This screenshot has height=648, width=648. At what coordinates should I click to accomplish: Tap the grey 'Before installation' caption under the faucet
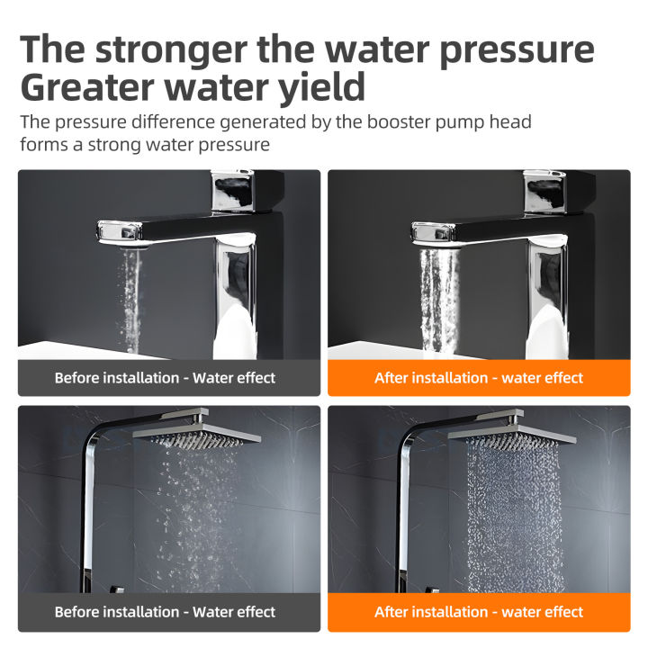(x=169, y=378)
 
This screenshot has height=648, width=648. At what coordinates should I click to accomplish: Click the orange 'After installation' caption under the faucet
(x=479, y=378)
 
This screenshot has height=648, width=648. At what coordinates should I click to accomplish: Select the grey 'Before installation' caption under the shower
(x=169, y=612)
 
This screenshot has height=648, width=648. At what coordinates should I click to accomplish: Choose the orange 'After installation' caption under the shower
(x=479, y=612)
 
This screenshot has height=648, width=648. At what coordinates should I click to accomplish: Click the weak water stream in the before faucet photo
(x=131, y=297)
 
